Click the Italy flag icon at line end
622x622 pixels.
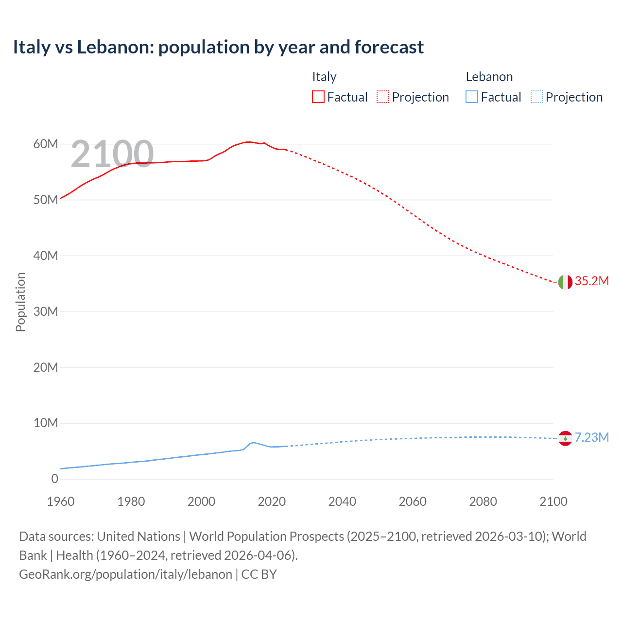pos(565,282)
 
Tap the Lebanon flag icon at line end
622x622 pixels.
pos(565,438)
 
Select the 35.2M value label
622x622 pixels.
pos(591,281)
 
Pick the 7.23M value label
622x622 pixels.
pos(591,438)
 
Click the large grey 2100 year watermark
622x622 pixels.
pos(112,154)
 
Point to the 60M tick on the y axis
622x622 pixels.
pos(46,144)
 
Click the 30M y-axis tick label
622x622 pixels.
pos(46,311)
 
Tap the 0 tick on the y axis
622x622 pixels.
pos(54,479)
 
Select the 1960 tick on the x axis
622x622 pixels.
pos(61,502)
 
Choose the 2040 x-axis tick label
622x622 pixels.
pos(342,502)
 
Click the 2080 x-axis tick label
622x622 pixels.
pos(483,502)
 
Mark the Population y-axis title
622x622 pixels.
pos(20,302)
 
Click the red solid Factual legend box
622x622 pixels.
pos(318,97)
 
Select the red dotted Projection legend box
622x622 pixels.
pos(383,97)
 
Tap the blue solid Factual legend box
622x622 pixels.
pos(472,97)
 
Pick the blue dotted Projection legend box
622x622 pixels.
pos(536,97)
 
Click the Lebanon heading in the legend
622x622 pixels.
pos(489,77)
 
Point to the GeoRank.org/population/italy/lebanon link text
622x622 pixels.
pos(125,574)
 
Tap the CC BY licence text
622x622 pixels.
pos(259,574)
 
